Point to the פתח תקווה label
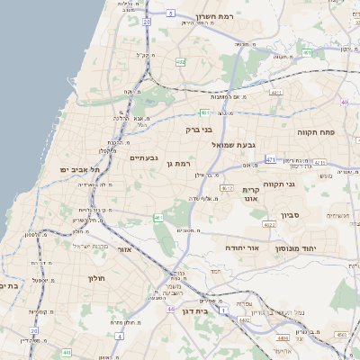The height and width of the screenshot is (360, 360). (316, 131)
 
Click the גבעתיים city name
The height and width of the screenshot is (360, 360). (144, 158)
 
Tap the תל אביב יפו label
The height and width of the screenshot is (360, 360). (80, 168)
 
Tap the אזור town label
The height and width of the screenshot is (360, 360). (125, 249)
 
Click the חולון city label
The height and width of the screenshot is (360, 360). (97, 278)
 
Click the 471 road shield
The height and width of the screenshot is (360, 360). (271, 159)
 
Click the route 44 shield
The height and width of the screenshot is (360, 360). (170, 309)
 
